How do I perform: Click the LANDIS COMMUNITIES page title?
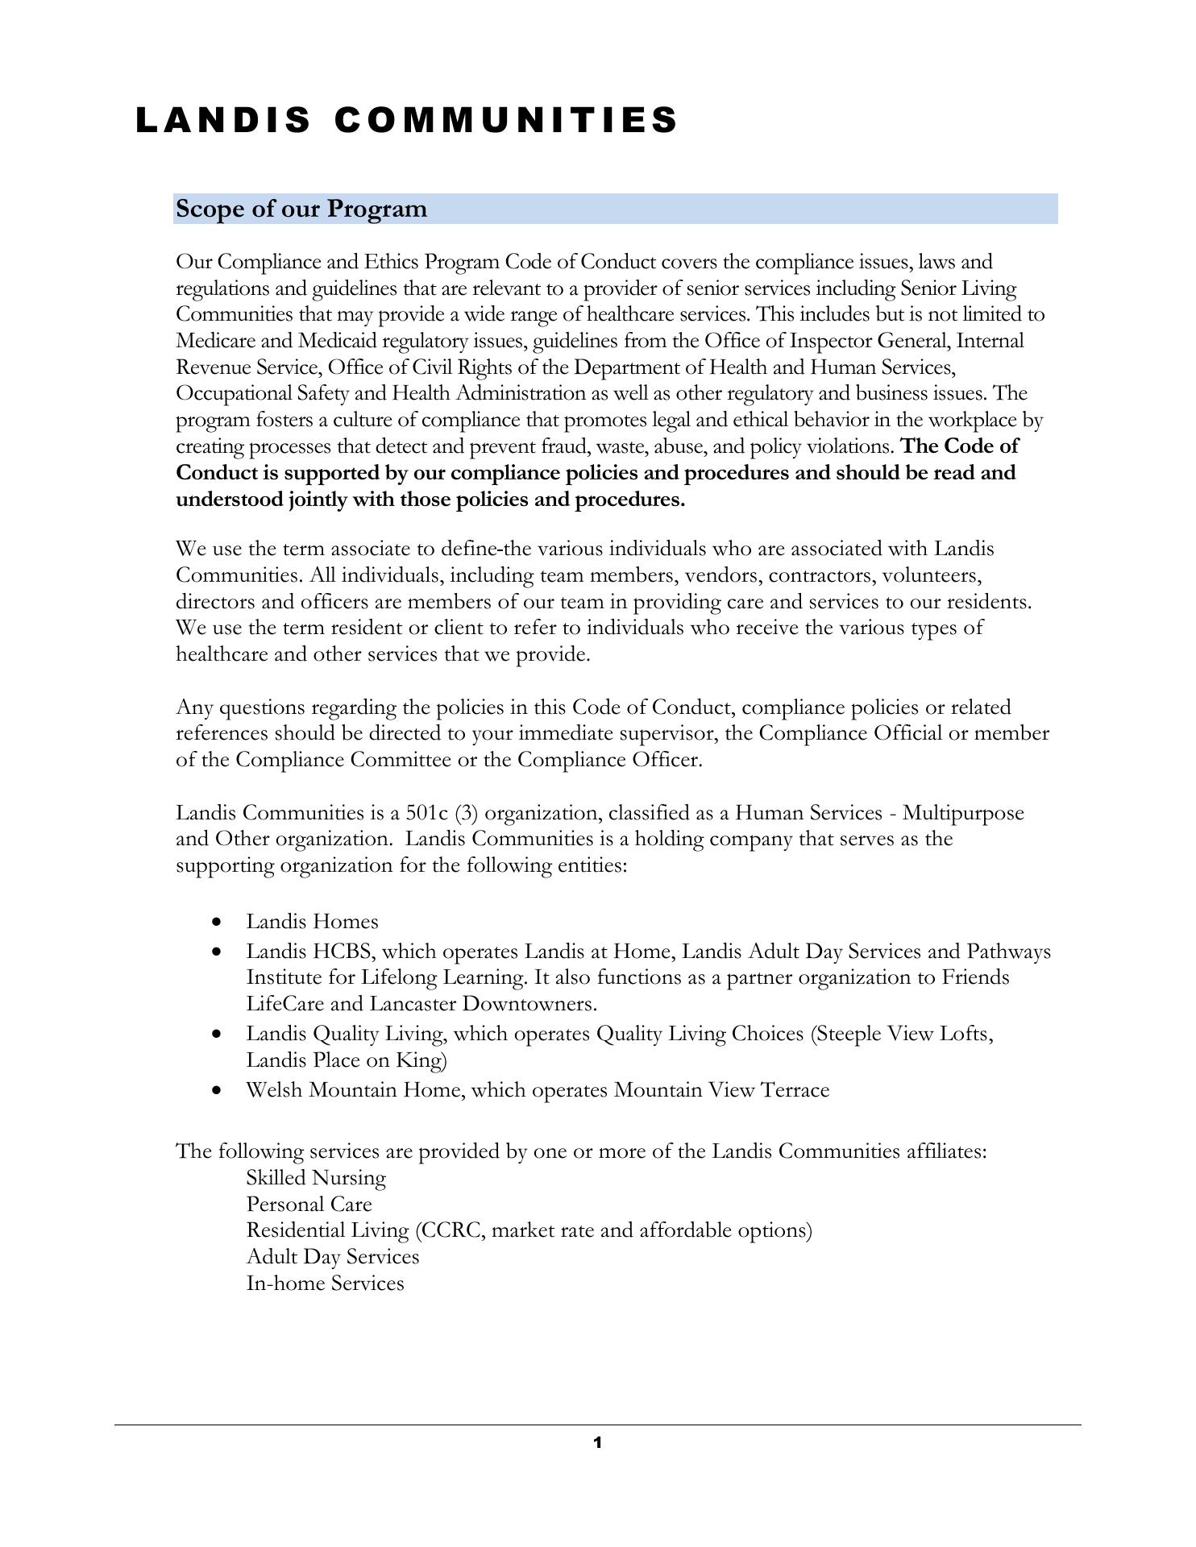pyautogui.click(x=407, y=121)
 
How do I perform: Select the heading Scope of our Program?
pyautogui.click(x=301, y=209)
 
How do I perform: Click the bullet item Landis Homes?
pyautogui.click(x=312, y=921)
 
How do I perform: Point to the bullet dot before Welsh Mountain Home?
pyautogui.click(x=216, y=1090)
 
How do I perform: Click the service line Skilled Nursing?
pyautogui.click(x=316, y=1178)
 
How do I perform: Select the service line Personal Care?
pyautogui.click(x=309, y=1205)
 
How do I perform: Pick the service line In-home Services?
pyautogui.click(x=325, y=1284)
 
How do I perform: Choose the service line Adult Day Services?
pyautogui.click(x=333, y=1257)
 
